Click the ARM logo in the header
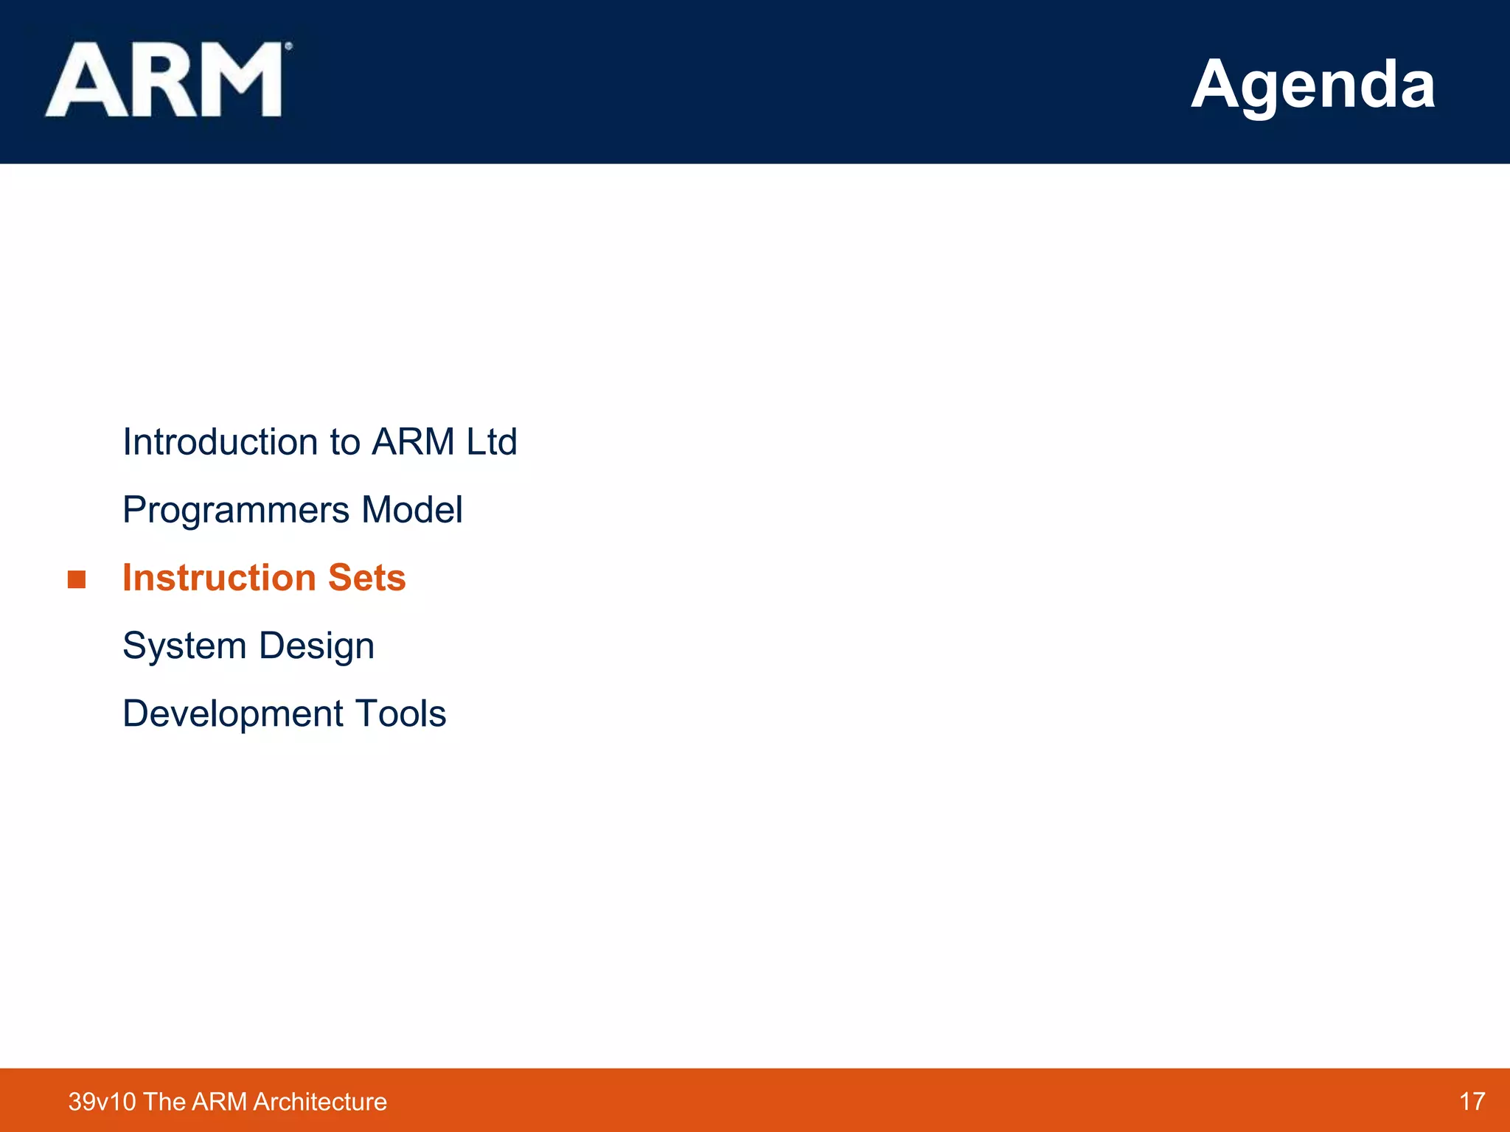tap(164, 80)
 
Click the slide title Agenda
tap(1312, 84)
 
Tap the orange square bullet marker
tap(77, 579)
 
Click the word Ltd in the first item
tap(491, 442)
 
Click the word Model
tap(412, 510)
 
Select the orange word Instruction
tap(219, 578)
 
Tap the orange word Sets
tap(366, 578)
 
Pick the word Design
tap(316, 647)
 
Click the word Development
tap(233, 714)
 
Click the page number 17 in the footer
tap(1472, 1101)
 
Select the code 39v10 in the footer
tap(102, 1102)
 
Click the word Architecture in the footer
tap(319, 1102)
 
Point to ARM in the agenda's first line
tap(413, 442)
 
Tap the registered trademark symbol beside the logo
tap(288, 46)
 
